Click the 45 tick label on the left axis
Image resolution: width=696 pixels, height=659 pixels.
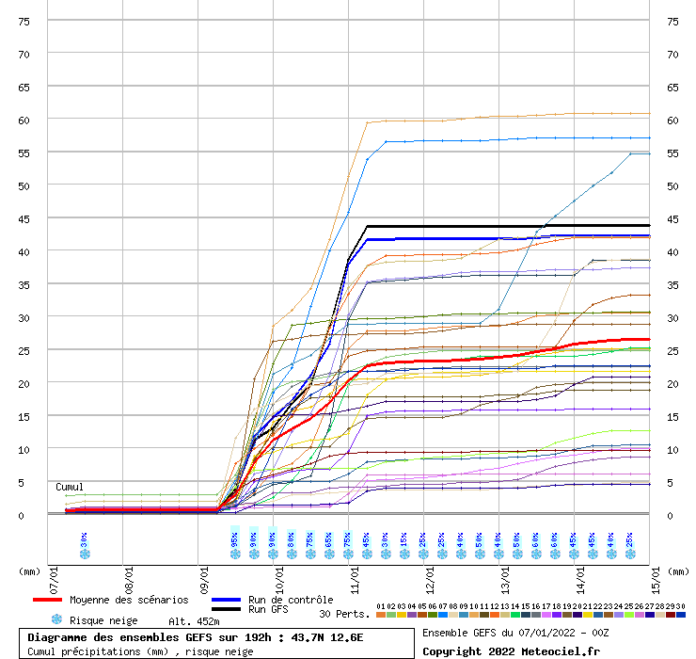24,218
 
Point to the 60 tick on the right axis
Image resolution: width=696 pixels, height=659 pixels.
672,120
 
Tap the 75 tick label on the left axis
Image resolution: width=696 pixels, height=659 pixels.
24,21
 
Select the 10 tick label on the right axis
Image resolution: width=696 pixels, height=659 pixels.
672,449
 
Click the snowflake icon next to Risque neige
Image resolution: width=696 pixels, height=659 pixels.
56,620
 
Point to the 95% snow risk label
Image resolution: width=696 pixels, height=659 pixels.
235,539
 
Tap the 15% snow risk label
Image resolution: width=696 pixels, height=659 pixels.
404,539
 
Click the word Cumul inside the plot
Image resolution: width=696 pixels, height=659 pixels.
70,487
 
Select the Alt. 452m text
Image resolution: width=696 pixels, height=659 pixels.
194,621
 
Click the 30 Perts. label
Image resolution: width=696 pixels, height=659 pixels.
344,614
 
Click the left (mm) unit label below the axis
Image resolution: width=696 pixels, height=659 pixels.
30,571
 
